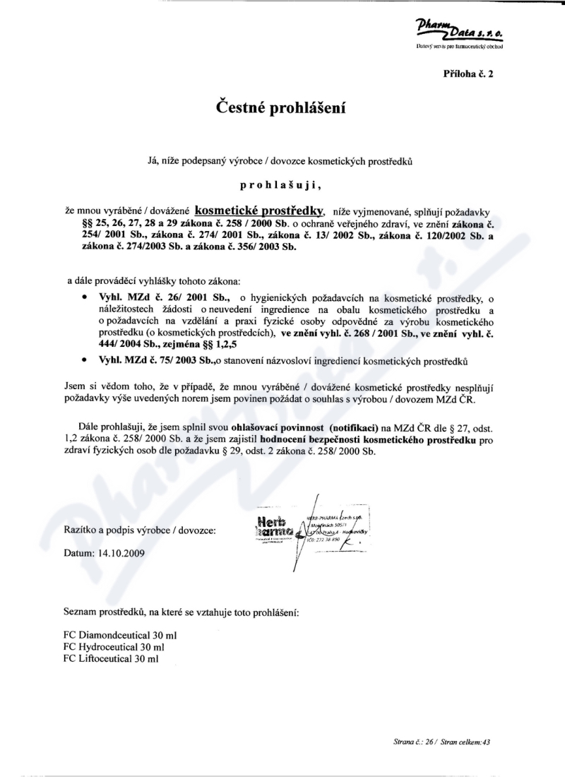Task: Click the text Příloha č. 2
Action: click(468, 73)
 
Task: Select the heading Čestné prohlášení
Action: click(282, 108)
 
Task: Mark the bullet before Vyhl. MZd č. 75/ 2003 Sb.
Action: click(85, 361)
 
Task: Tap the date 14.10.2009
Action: click(118, 553)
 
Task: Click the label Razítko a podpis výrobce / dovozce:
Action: click(140, 529)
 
